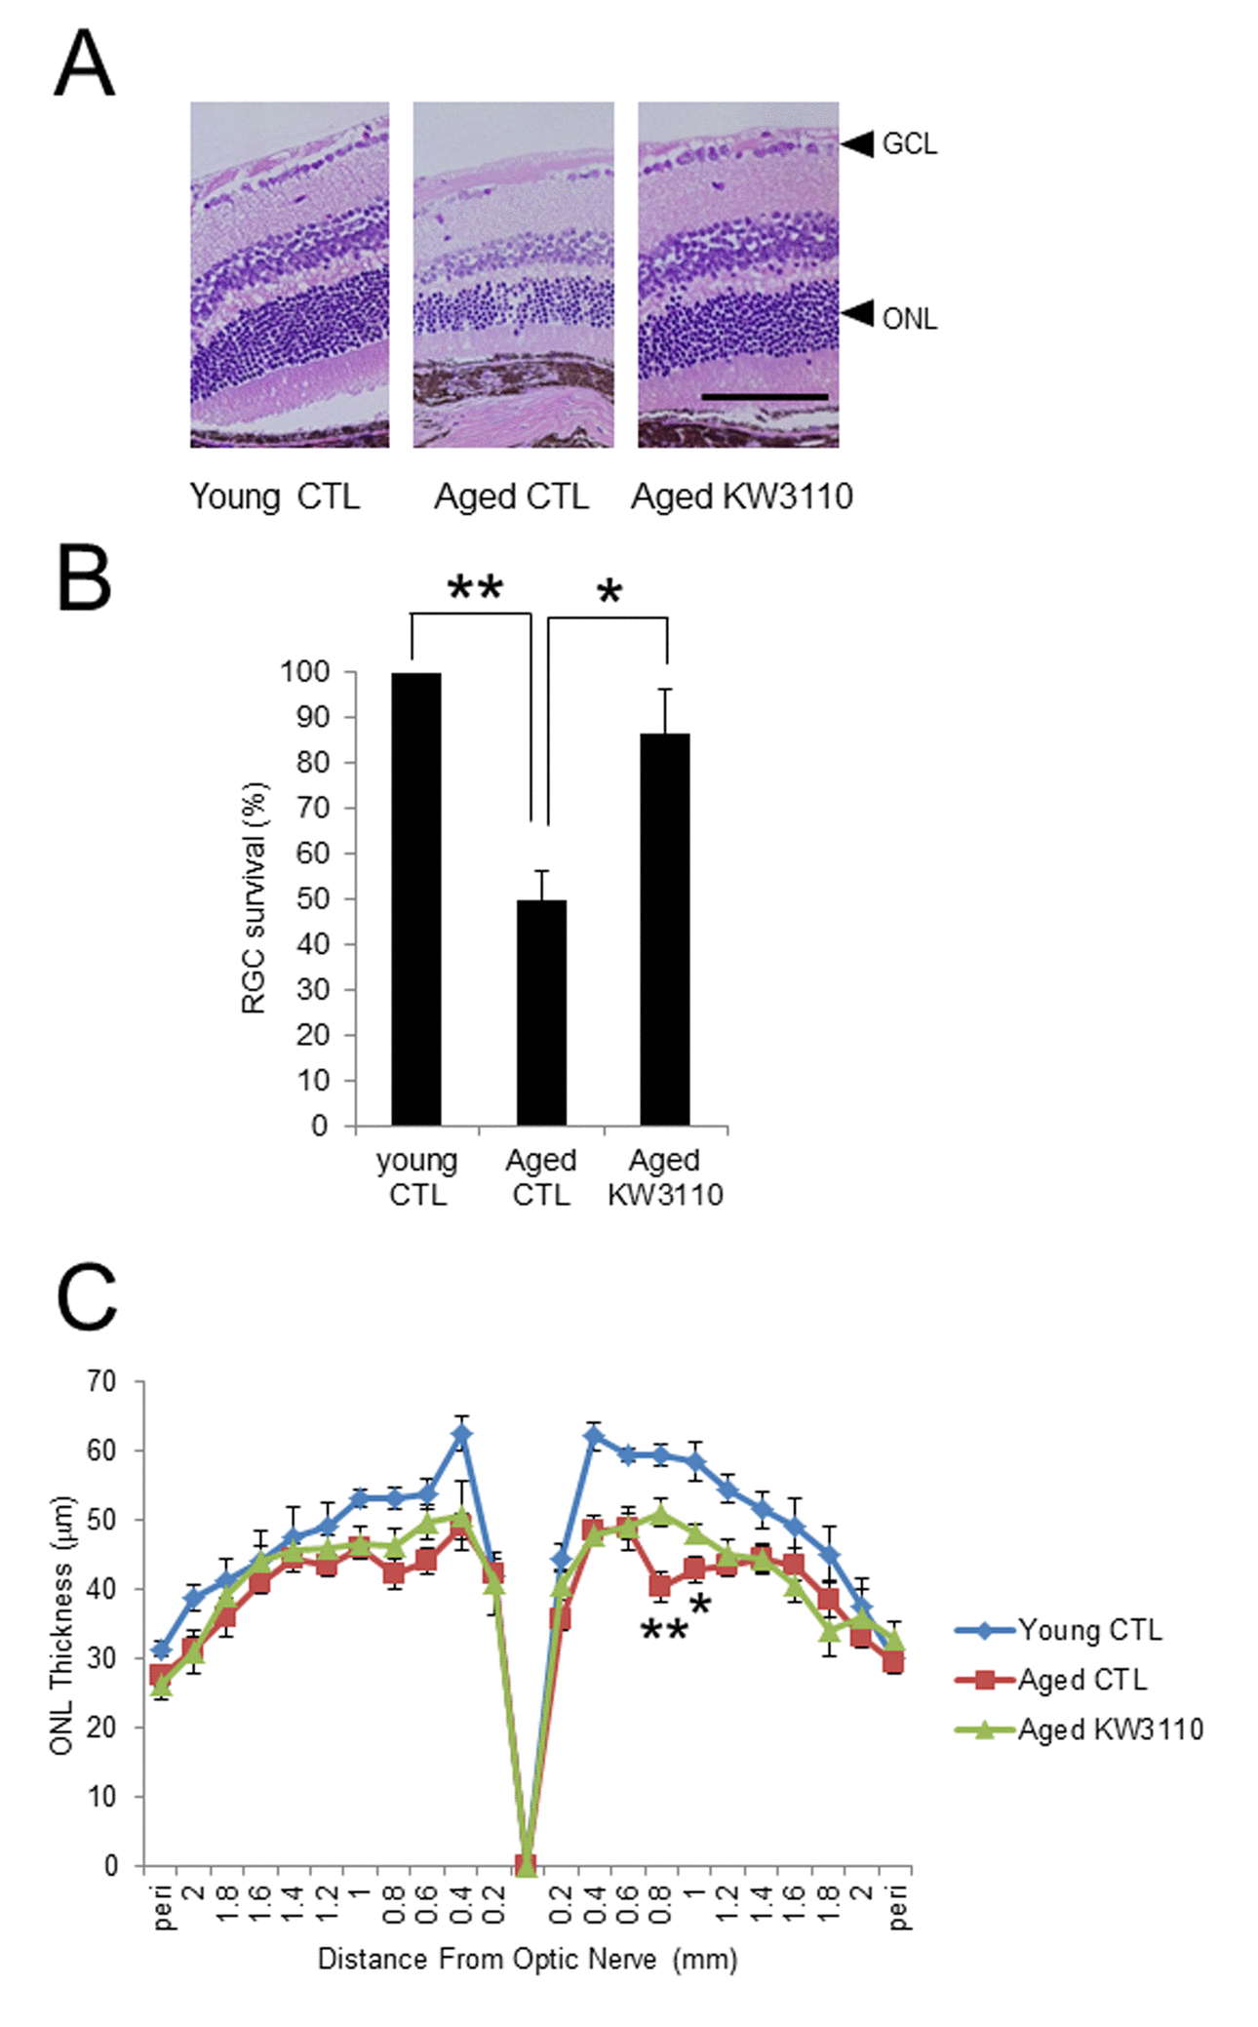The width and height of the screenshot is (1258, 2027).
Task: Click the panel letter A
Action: (85, 62)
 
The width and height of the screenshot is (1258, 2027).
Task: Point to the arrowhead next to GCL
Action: (858, 144)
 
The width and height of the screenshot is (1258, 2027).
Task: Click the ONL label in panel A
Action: (909, 319)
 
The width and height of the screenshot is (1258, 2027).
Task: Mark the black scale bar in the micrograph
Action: (765, 397)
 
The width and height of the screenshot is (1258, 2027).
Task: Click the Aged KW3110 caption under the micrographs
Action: (741, 497)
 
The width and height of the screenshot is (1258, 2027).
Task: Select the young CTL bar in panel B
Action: (416, 898)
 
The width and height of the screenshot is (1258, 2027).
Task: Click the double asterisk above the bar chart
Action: (475, 589)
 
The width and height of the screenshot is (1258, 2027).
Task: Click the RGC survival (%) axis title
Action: (254, 898)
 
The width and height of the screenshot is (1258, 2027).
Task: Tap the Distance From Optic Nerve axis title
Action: (528, 1959)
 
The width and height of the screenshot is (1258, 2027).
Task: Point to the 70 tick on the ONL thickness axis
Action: (101, 1381)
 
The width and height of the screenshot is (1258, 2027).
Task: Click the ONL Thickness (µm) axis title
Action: (60, 1624)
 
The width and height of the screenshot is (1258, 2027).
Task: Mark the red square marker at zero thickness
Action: (525, 1864)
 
